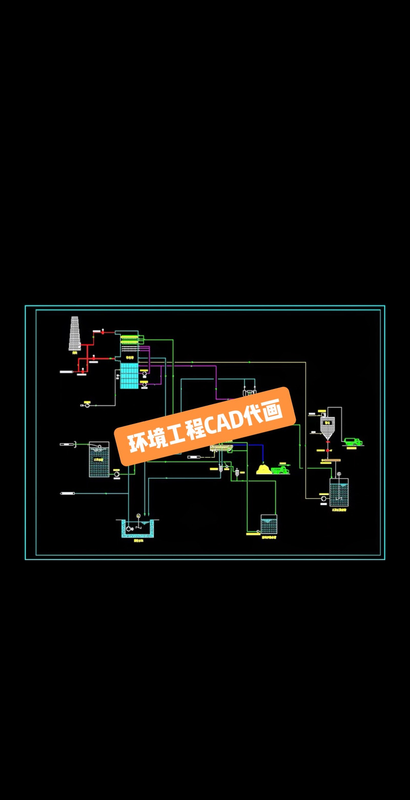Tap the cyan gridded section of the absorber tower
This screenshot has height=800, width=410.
[x=129, y=376]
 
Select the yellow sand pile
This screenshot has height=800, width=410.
[x=264, y=469]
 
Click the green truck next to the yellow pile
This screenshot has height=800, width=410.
[x=280, y=469]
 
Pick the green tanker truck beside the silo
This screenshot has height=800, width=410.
[x=353, y=440]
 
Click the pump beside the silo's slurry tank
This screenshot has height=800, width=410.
[x=323, y=498]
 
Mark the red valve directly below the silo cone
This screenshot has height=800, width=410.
[x=327, y=450]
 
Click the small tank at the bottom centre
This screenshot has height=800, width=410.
[x=269, y=525]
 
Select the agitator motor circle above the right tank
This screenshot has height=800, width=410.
[x=338, y=474]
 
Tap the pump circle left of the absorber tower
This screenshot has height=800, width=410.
[x=86, y=406]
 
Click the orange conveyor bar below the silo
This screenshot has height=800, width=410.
[x=331, y=460]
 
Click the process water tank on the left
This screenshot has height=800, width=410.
[x=99, y=460]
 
